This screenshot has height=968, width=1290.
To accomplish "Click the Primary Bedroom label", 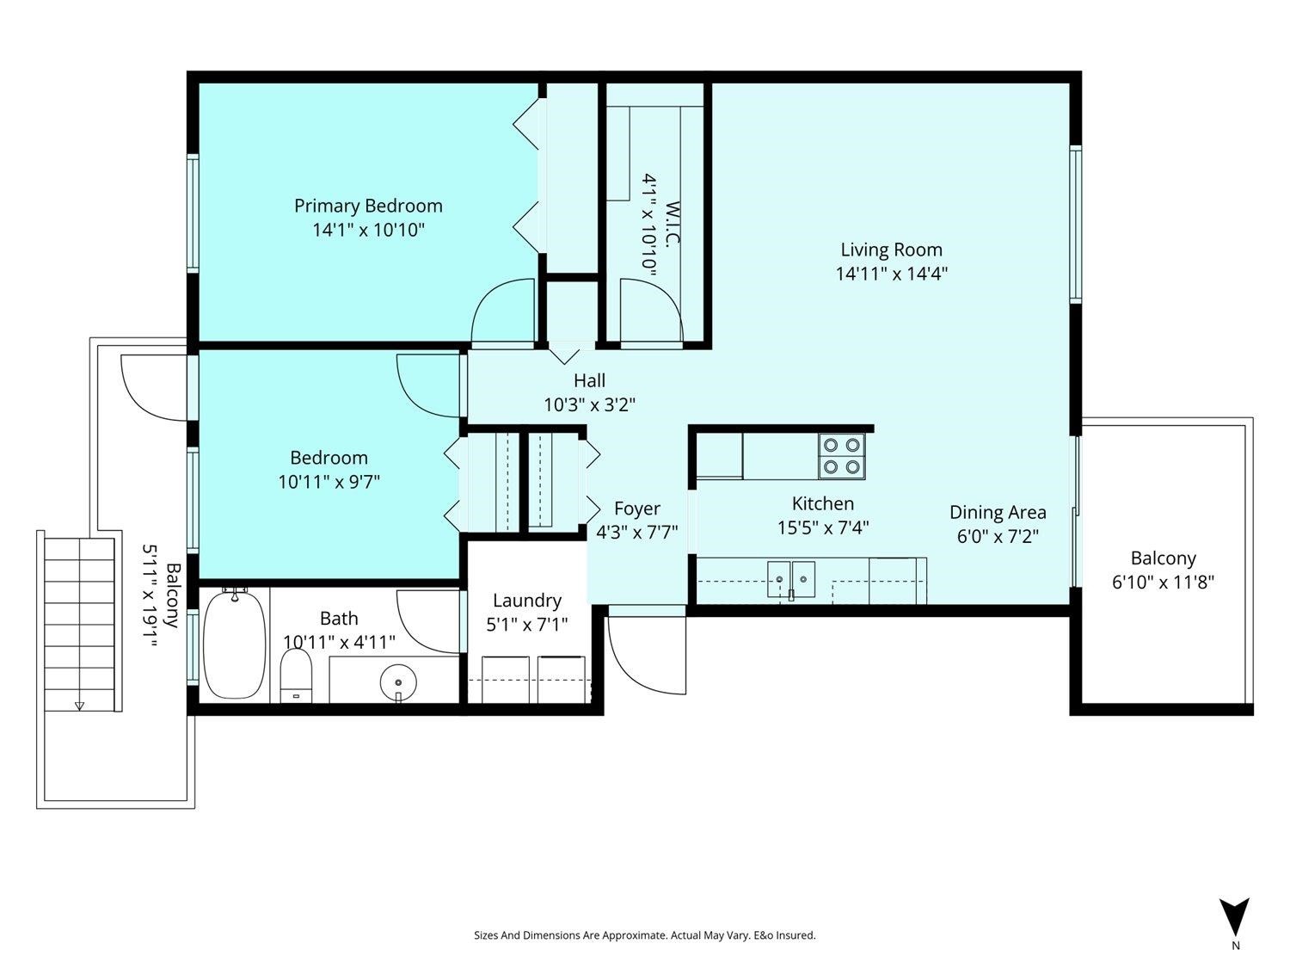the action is coord(368,206).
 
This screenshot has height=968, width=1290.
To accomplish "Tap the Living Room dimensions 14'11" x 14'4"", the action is coord(892,274).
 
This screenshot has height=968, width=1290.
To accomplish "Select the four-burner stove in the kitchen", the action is coord(842,456).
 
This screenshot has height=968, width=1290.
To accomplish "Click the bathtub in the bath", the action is coord(234,644).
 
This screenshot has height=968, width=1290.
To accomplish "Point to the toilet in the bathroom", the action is coord(296,676).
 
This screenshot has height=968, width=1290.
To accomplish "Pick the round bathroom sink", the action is coord(398,683).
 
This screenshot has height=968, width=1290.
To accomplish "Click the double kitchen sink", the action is coord(791,579).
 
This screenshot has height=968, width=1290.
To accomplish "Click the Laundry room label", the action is coord(527,600).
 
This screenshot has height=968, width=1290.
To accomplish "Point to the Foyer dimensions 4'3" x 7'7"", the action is coord(637,533).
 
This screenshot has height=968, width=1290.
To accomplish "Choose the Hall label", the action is coord(589,381).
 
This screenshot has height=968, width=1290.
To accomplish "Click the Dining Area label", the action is coord(998,513).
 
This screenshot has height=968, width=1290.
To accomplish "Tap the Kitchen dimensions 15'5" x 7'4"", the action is coord(823,527).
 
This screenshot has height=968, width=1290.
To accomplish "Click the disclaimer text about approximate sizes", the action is coord(645,935).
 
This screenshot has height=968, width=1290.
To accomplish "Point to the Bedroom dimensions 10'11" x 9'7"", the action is coord(329,483).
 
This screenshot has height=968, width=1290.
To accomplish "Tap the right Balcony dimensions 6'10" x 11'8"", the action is coord(1163,583).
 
